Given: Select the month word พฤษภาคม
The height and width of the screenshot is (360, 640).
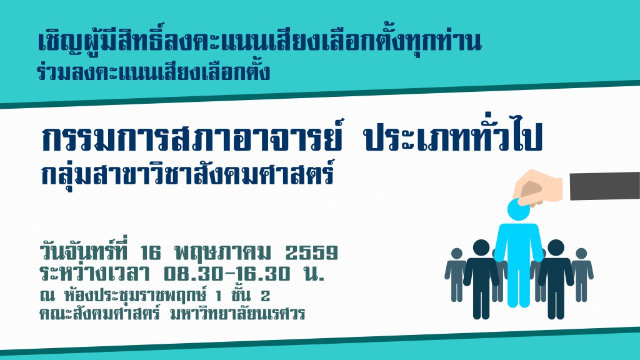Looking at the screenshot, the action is click(222, 252).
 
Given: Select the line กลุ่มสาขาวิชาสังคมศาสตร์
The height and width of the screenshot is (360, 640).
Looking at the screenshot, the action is click(187, 174).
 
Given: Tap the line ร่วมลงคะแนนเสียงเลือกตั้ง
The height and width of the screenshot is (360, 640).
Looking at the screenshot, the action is click(154, 72).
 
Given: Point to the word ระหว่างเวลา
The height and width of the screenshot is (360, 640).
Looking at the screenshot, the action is click(95, 272).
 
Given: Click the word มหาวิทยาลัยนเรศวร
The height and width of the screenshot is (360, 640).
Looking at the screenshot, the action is click(237, 314).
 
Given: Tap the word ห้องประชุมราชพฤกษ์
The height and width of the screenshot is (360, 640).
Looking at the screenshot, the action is click(136, 294).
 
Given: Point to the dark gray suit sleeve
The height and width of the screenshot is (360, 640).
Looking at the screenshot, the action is click(604, 186).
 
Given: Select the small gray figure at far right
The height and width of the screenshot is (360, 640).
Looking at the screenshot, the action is click(581, 274).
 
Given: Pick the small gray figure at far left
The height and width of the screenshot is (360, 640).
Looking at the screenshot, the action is click(456, 274).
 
